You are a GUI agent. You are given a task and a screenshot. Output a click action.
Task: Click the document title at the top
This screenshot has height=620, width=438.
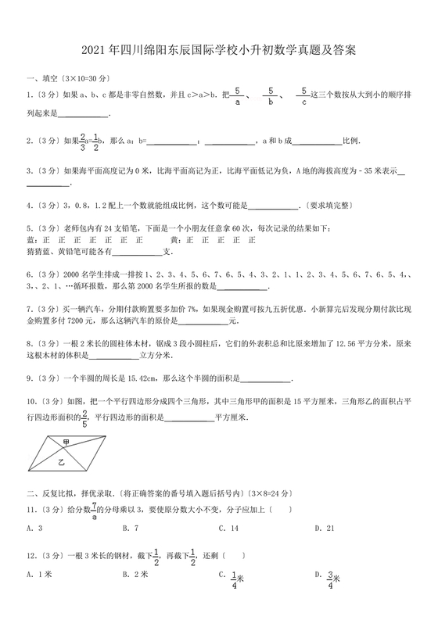(x=218, y=52)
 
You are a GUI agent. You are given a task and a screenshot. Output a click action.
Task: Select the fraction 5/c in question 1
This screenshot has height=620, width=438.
(x=302, y=95)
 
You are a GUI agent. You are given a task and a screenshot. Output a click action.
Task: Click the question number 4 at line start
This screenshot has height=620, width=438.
(x=29, y=206)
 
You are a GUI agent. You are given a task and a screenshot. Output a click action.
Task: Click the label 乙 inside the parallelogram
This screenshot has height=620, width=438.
(x=60, y=462)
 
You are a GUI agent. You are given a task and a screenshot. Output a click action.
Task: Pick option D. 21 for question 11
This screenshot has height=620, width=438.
(x=323, y=529)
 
